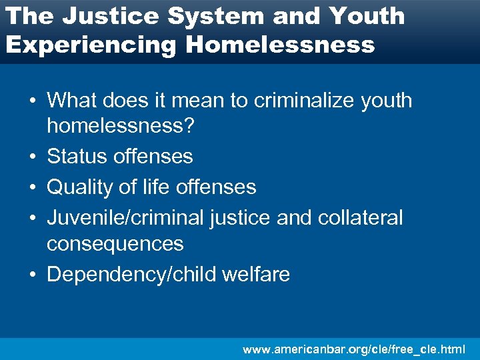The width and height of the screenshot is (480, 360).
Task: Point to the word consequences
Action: (x=115, y=243)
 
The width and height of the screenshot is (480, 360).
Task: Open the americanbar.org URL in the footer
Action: (x=354, y=349)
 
